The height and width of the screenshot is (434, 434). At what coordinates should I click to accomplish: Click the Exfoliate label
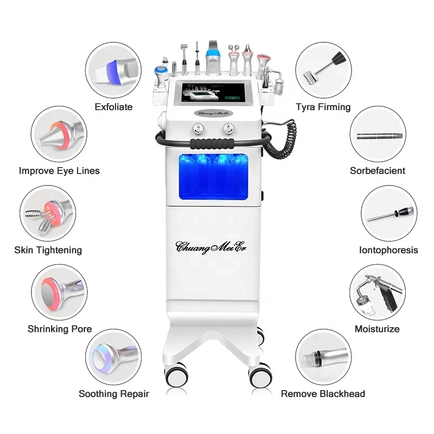114,107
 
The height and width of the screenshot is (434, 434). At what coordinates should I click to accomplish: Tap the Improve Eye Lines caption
59,170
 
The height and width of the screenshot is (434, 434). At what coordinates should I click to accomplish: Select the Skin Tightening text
48,250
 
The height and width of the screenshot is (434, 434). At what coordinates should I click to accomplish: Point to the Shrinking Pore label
60,329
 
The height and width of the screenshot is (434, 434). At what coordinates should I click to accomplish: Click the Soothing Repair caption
114,394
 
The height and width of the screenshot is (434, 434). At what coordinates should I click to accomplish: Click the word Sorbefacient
377,170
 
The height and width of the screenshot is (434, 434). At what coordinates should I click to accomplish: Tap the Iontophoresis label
388,250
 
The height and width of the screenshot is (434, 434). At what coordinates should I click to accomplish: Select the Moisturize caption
377,329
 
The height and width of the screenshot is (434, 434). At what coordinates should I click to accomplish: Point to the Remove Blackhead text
323,394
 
